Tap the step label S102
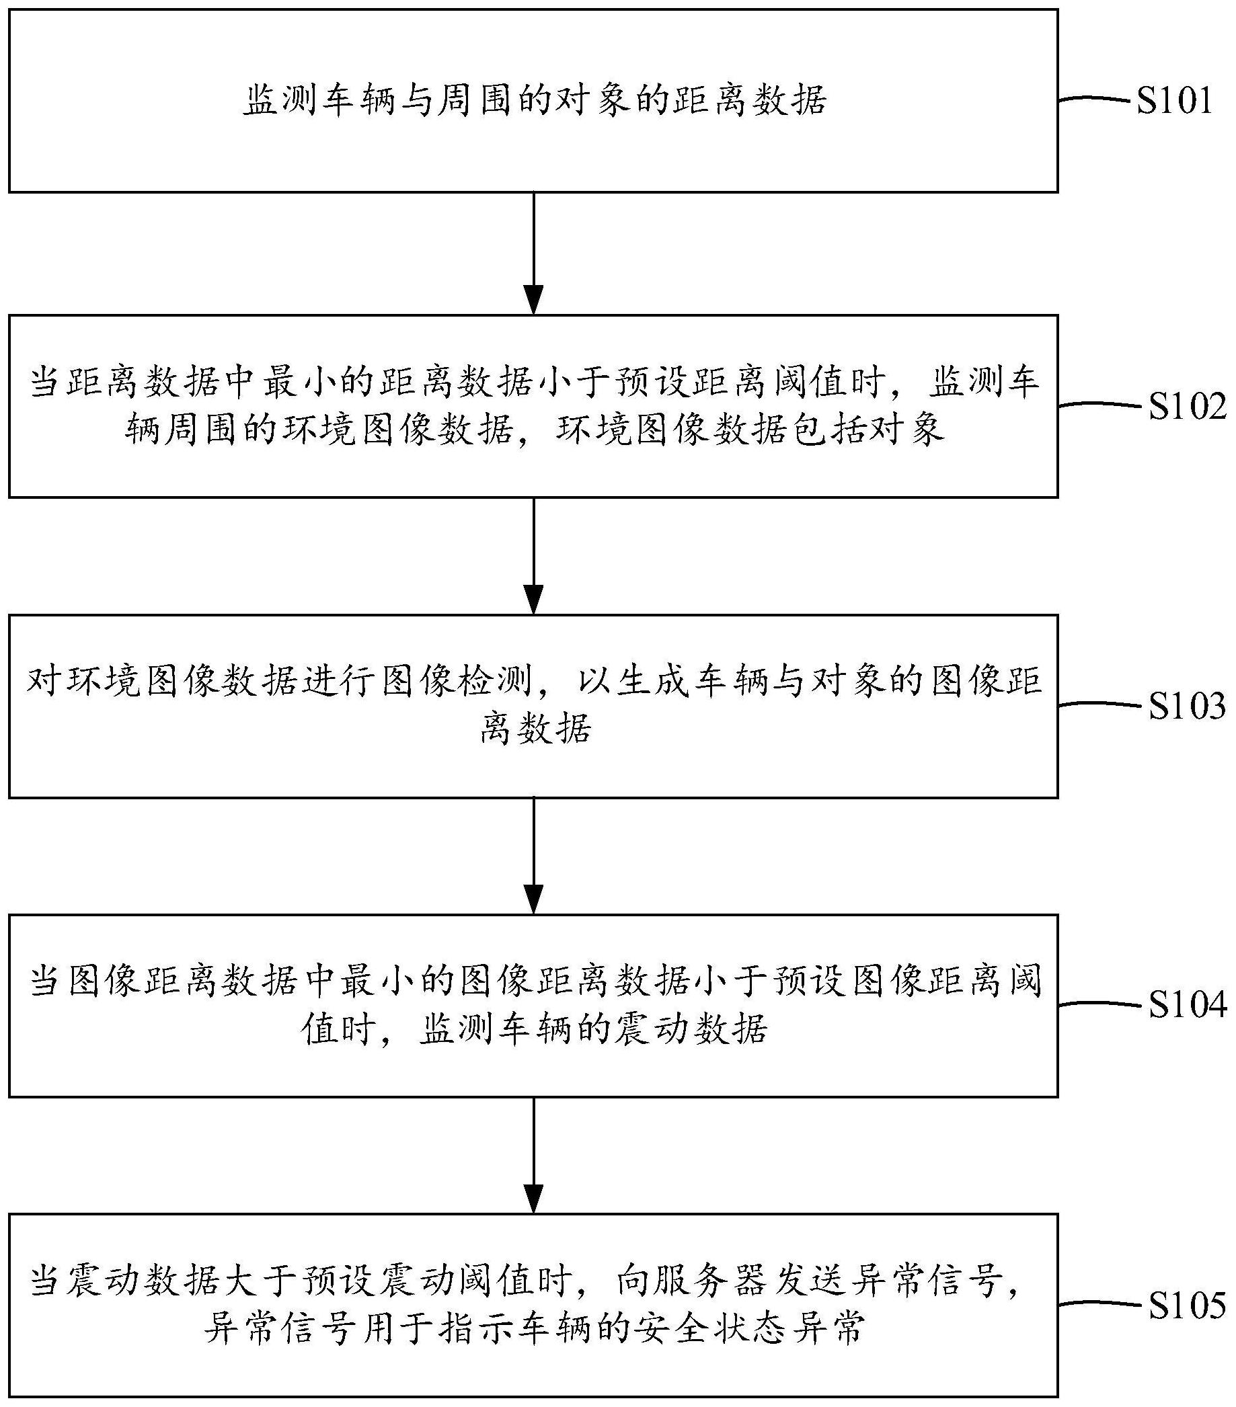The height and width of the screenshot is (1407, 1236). point(1186,407)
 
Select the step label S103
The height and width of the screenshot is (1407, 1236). point(1186,707)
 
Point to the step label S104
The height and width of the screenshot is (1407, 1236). point(1186,1006)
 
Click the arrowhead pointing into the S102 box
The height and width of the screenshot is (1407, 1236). point(534,300)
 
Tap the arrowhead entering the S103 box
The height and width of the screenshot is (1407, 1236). point(534,600)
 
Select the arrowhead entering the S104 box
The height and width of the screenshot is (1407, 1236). point(534,899)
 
